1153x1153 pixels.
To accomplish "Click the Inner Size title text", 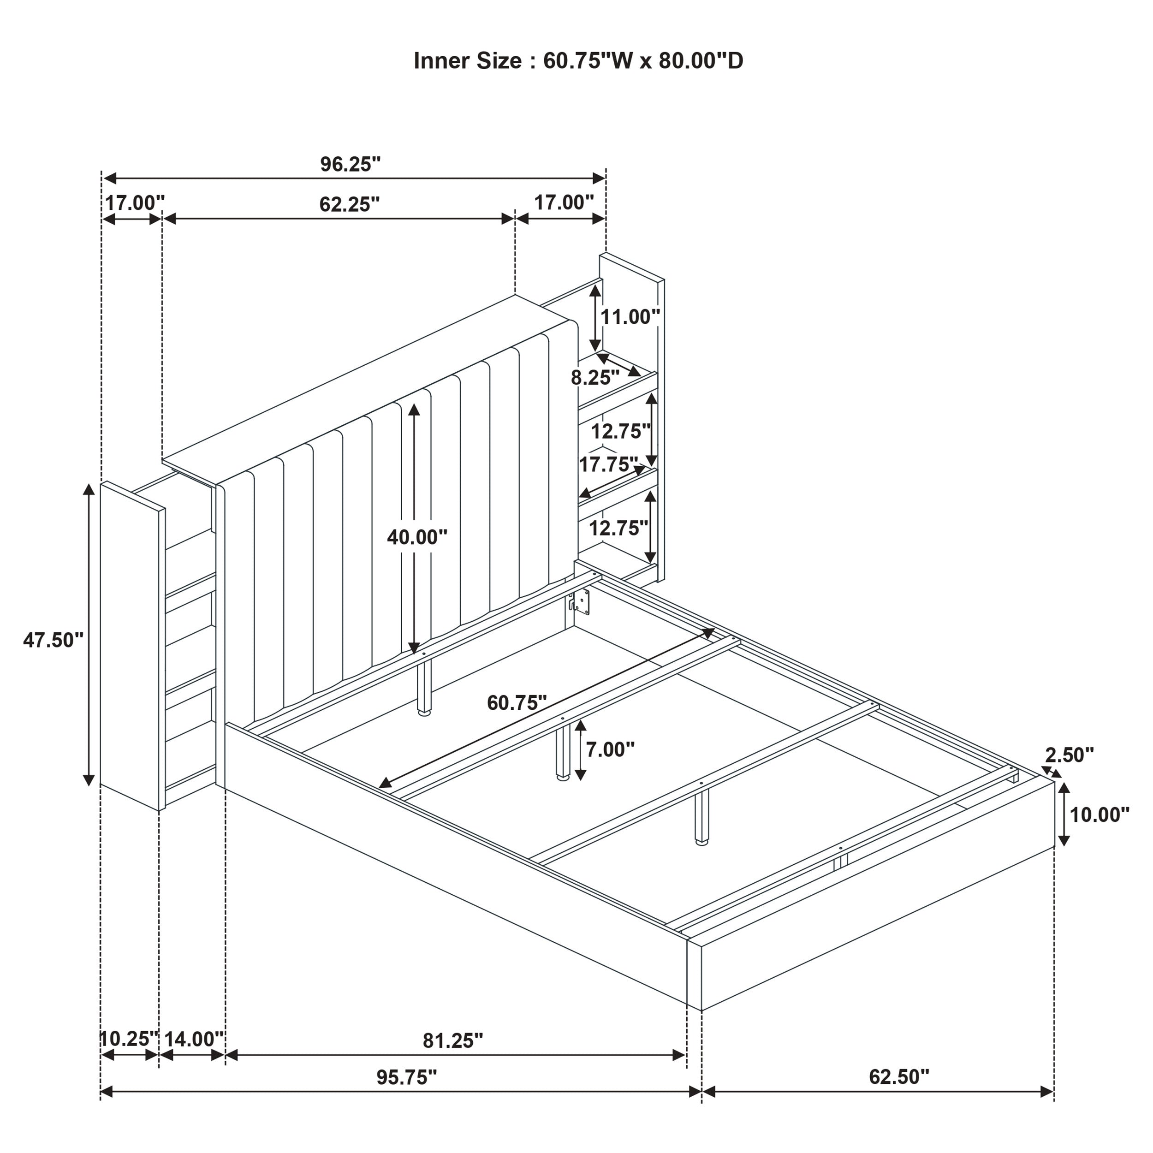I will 578,61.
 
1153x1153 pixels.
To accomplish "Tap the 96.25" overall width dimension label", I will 351,164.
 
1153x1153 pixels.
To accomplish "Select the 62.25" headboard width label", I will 349,204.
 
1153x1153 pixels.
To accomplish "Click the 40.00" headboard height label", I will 416,537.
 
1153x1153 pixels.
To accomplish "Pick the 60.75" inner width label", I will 517,702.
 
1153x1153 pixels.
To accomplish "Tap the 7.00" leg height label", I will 610,749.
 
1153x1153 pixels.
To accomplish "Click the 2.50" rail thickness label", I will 1070,755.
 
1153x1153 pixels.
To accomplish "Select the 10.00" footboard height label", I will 1100,814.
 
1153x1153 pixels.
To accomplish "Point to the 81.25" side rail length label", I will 452,1040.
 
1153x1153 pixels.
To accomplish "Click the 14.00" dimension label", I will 193,1039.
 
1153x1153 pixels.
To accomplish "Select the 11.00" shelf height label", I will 630,317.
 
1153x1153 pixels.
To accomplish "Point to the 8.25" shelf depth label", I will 595,377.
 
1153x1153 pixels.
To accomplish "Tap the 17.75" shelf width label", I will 608,464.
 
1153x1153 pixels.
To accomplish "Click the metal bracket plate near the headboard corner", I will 580,601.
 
